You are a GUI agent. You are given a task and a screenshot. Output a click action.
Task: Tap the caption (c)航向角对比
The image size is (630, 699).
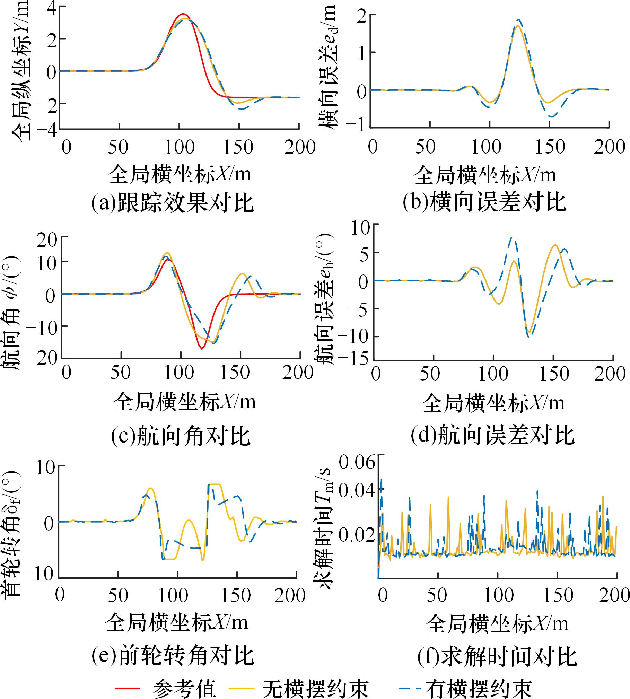[x=181, y=436]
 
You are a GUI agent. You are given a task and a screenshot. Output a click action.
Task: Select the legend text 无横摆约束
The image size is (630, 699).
[x=315, y=687]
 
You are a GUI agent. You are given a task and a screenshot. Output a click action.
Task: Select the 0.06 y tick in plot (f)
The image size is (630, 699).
[x=357, y=462]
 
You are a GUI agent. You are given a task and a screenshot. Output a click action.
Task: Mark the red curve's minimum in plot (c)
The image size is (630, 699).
[x=201, y=349]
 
